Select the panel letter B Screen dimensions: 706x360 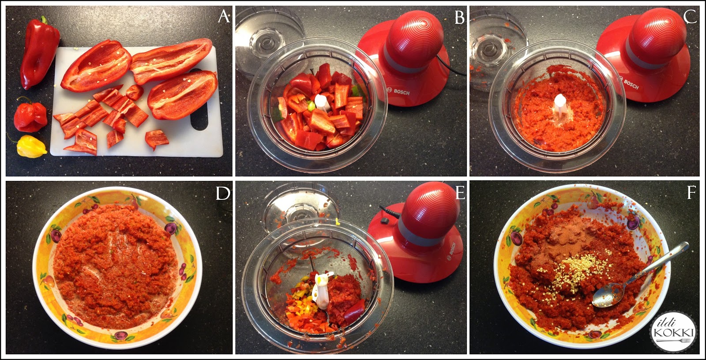point(459,17)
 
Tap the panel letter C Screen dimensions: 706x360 point(690,16)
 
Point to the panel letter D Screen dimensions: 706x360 point(223,193)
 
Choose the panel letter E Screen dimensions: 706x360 point(460,193)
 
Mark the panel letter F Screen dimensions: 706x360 point(691,192)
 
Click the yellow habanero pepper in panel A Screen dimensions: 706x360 point(30,146)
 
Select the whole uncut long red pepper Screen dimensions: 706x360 point(39,52)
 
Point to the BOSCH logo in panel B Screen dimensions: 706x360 point(401,92)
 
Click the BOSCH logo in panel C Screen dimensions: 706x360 point(631,84)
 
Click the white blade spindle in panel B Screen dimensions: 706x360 point(321,102)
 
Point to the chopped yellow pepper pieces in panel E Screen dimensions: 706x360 point(297,295)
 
